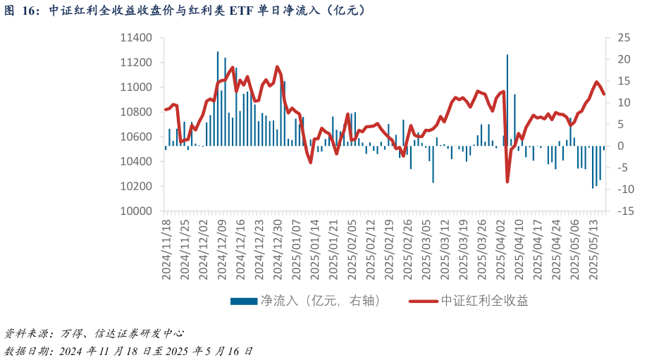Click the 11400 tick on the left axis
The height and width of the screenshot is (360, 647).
click(x=137, y=38)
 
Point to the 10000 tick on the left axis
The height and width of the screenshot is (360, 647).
click(x=137, y=211)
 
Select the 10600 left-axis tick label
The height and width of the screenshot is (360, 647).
click(x=137, y=137)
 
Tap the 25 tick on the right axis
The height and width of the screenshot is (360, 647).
click(x=623, y=38)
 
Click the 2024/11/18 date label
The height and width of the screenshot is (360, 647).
click(x=167, y=250)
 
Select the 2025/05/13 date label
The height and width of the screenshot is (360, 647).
click(x=593, y=250)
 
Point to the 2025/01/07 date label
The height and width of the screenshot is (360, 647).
click(x=297, y=250)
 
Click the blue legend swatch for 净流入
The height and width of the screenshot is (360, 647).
click(x=243, y=302)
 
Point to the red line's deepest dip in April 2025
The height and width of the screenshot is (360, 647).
click(x=507, y=182)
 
